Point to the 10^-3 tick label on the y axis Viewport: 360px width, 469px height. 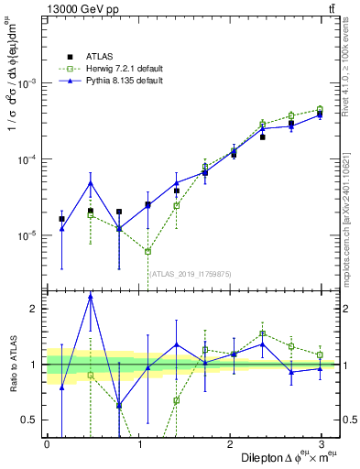click(27, 83)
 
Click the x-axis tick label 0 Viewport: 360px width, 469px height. click(47, 443)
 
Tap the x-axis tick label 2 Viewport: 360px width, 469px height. click(230, 443)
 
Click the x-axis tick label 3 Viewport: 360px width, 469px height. click(322, 443)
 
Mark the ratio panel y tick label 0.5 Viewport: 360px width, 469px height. click(30, 420)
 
